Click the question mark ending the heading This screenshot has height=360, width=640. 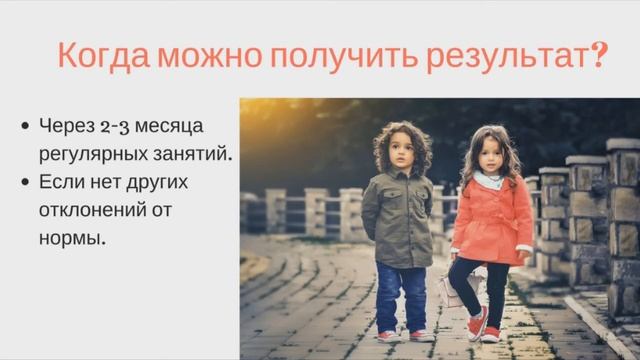[x=600, y=54]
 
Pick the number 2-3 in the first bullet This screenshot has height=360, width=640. [x=113, y=127]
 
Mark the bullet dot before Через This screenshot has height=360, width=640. [x=25, y=127]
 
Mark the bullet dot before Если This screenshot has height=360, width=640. [x=25, y=183]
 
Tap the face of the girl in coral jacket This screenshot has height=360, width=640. [x=489, y=156]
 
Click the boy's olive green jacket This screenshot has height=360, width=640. [x=398, y=218]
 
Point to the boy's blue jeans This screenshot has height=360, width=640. [x=400, y=295]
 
